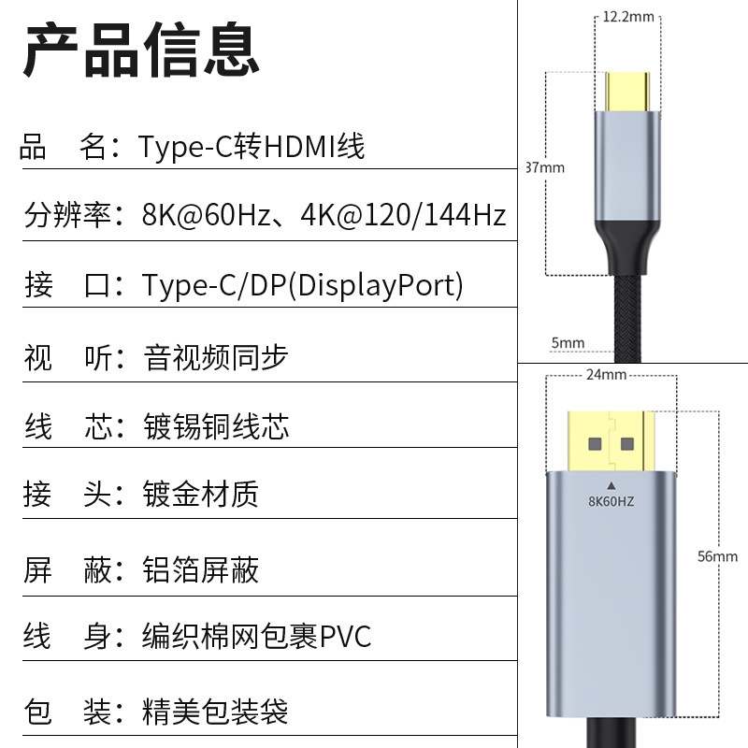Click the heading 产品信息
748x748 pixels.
(141, 50)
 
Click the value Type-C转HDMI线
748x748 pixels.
(252, 147)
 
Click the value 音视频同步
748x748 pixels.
(216, 357)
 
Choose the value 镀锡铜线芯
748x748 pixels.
(216, 426)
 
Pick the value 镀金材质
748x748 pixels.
(201, 494)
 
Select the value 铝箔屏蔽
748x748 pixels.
(201, 569)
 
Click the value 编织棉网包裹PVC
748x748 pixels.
(257, 637)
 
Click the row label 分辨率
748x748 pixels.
(67, 216)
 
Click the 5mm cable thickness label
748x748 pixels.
(568, 343)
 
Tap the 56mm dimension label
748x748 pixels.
(717, 556)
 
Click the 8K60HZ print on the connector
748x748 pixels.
(611, 501)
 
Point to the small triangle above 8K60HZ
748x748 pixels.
(611, 484)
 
